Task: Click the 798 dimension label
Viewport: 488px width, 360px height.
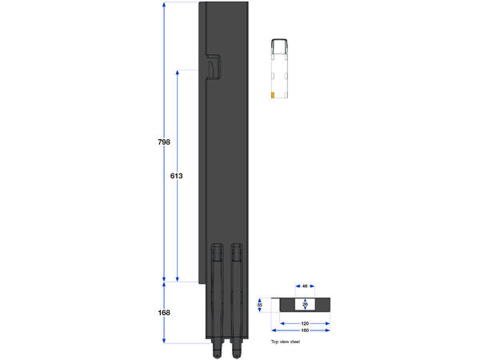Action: tap(164, 142)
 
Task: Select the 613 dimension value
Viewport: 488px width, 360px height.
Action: tap(177, 175)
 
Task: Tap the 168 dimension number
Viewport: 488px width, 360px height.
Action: tap(164, 313)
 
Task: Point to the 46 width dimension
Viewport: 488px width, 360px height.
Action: tap(305, 286)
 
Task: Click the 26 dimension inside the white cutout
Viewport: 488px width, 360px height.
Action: tap(305, 305)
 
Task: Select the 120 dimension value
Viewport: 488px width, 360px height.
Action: tap(305, 324)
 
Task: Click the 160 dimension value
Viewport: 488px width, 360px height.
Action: tap(305, 330)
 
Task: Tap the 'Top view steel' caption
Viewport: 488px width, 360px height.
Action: tap(286, 342)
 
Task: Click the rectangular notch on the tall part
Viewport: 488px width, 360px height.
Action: tap(211, 68)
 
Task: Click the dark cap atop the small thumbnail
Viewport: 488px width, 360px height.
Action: tap(280, 40)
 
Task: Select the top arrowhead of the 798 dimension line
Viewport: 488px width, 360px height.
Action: tap(164, 5)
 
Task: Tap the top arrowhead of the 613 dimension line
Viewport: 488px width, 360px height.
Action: tap(177, 72)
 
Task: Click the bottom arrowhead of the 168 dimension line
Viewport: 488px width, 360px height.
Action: tap(164, 341)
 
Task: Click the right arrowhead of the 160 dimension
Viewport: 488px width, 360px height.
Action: tap(329, 330)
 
